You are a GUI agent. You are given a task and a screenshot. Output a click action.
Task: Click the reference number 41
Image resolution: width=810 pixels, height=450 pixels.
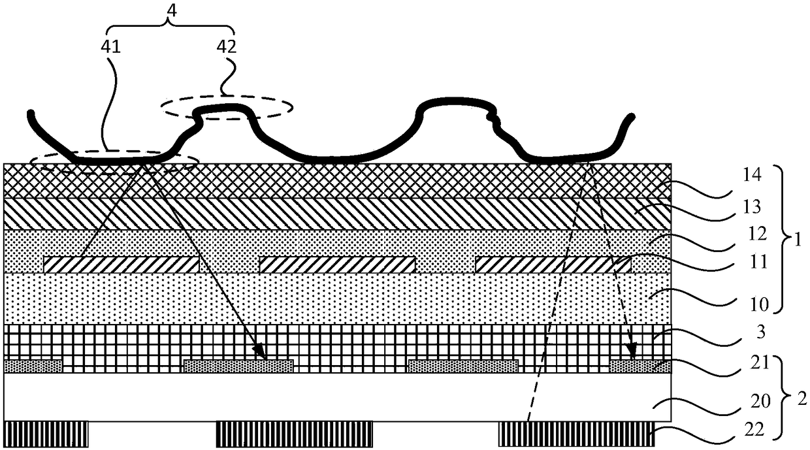(110, 47)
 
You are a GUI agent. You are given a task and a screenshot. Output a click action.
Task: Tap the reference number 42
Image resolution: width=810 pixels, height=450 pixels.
(227, 47)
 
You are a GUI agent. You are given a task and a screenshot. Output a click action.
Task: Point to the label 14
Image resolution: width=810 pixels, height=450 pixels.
(752, 175)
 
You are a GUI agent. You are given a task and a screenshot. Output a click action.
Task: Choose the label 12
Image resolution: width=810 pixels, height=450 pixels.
(757, 234)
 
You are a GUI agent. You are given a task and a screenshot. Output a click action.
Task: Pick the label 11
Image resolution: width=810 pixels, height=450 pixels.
(758, 262)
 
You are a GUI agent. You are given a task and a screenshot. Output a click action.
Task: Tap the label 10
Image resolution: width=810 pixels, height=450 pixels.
(758, 304)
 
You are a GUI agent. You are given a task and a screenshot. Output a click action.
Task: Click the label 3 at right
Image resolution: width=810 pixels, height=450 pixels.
(761, 332)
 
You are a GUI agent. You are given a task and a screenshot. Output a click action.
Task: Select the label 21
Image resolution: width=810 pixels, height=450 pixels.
(759, 363)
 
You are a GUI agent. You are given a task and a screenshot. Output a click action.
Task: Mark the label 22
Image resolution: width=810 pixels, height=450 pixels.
(754, 430)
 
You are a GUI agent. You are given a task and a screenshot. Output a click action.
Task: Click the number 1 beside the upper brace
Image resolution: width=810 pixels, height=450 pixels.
(798, 240)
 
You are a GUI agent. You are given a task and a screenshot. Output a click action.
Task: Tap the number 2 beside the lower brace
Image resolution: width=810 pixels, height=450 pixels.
(802, 400)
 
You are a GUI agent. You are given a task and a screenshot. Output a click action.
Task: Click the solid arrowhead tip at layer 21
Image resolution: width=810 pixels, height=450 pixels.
(266, 359)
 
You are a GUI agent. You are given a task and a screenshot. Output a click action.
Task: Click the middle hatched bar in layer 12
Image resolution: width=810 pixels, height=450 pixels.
(337, 265)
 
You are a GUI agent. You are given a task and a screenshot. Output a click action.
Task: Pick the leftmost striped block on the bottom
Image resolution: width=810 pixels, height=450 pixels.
(46, 434)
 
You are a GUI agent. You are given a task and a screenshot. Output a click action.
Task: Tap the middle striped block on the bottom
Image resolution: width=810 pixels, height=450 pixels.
(295, 434)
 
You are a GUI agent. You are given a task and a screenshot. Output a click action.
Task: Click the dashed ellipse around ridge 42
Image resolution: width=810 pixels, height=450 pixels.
(227, 96)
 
